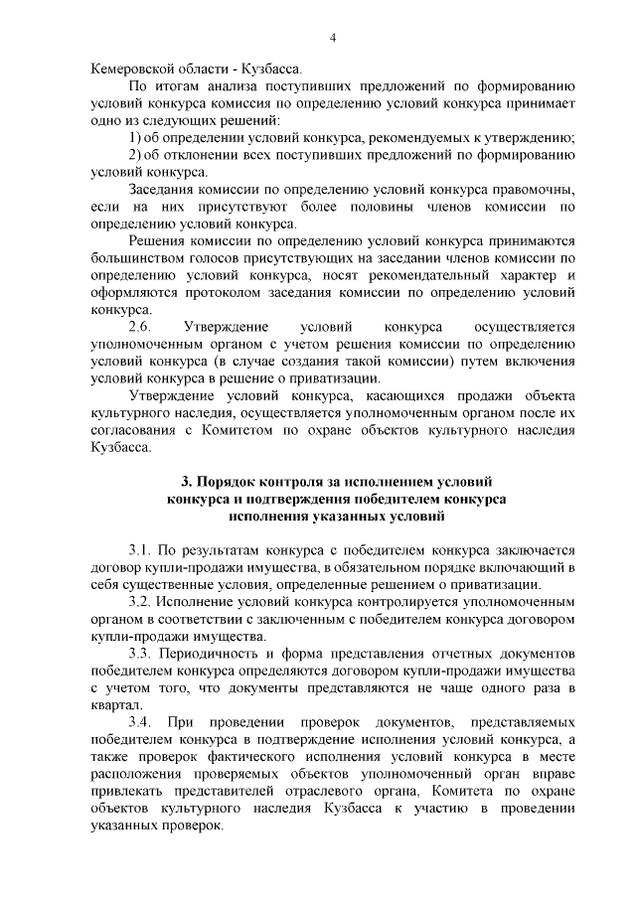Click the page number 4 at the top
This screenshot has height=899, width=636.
tap(332, 38)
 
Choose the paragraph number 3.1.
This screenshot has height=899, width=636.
tap(141, 549)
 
